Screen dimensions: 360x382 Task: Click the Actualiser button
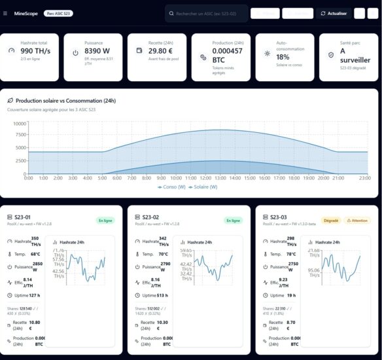click(x=333, y=13)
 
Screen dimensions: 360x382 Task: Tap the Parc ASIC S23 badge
click(x=59, y=13)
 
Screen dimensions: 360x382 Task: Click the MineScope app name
click(x=27, y=13)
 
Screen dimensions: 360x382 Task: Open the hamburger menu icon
click(x=6, y=13)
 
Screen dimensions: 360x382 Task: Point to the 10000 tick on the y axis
click(x=18, y=123)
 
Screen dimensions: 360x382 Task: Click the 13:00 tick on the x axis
click(x=221, y=177)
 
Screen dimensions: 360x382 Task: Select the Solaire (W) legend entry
click(x=205, y=187)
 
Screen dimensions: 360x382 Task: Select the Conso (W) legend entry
click(x=172, y=187)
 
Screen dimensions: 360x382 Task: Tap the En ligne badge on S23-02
click(x=233, y=221)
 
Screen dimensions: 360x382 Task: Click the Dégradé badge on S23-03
click(x=330, y=221)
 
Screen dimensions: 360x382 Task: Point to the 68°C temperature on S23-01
click(x=36, y=254)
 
